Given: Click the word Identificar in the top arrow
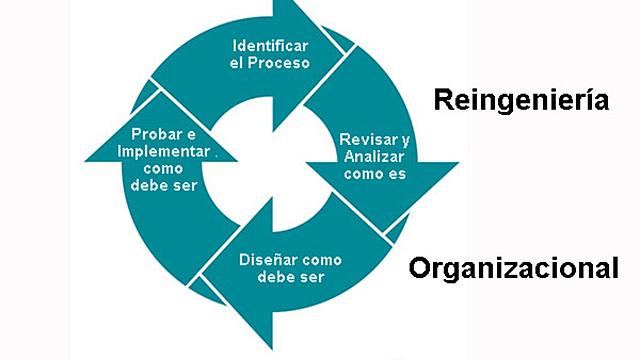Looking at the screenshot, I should (x=270, y=46).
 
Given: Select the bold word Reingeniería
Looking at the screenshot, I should (x=520, y=100).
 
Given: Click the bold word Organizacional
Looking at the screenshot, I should (x=514, y=268).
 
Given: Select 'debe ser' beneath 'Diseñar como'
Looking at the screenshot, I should (x=280, y=276).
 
